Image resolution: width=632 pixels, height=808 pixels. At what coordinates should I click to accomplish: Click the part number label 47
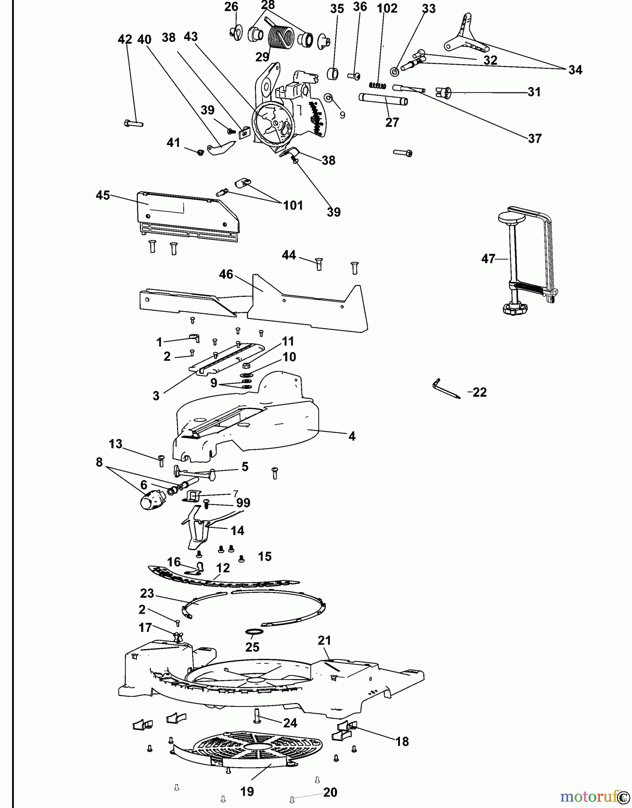pos(488,259)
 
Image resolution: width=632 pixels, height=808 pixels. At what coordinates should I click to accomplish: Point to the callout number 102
pos(387,9)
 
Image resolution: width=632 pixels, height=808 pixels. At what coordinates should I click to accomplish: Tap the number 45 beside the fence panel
pos(103,196)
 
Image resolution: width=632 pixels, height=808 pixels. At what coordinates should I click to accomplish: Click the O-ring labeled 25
pos(255,632)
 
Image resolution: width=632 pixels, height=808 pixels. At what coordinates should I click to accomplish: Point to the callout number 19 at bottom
pos(247,791)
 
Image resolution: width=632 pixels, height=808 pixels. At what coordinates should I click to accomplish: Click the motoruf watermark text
pos(588,796)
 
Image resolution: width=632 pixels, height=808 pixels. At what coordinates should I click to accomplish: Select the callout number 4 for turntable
pos(352,436)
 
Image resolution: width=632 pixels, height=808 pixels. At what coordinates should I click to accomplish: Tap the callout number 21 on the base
pos(324,641)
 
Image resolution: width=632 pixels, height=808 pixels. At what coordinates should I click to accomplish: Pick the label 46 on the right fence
pos(226,274)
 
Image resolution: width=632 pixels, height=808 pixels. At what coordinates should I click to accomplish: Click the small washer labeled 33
pos(394,72)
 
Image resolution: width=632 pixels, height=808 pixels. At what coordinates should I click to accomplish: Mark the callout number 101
pos(293,206)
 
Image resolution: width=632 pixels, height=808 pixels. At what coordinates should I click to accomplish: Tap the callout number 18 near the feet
pos(402,742)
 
